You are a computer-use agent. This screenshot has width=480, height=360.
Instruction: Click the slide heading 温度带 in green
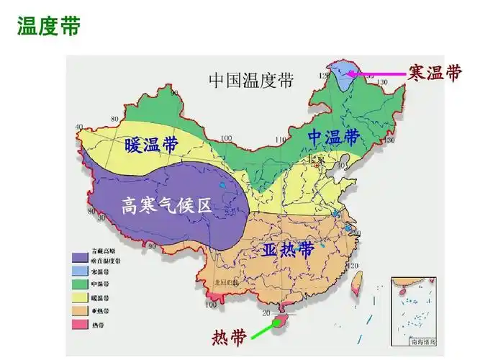click(48, 27)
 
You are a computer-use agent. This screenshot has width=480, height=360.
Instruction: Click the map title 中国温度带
click(251, 79)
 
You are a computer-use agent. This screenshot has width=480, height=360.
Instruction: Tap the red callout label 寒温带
click(434, 73)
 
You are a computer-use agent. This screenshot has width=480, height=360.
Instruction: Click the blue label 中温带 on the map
click(333, 136)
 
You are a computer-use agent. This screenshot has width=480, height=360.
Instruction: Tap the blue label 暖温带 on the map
click(151, 144)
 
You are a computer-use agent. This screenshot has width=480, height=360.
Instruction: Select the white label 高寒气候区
click(166, 206)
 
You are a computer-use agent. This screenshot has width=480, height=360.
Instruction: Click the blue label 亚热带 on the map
click(287, 251)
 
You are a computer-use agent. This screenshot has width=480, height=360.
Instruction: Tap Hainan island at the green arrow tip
click(282, 318)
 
